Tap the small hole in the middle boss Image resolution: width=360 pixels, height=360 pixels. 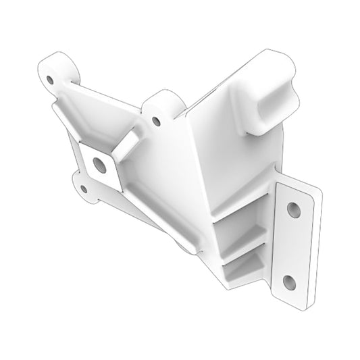[157, 121]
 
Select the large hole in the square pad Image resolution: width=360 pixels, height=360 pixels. [99, 163]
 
